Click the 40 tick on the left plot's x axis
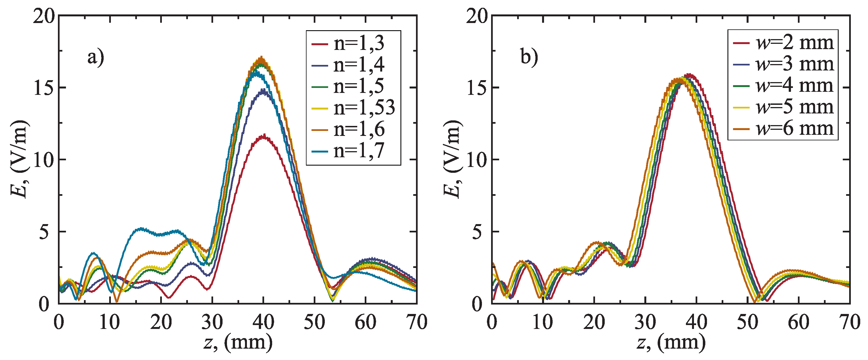[x=263, y=322]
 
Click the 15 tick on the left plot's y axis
[x=44, y=88]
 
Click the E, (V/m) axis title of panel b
[x=451, y=159]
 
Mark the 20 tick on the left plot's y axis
[x=44, y=16]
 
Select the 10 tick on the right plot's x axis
[x=543, y=322]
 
